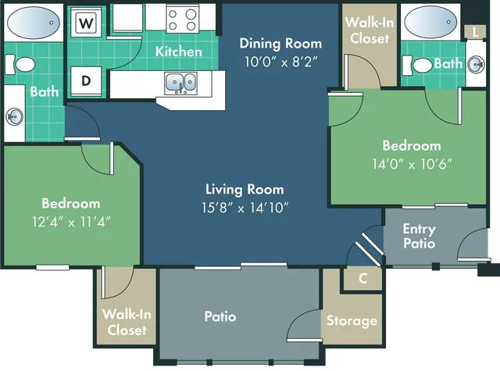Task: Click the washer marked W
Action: coord(86,23)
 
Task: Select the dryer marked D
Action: coord(86,80)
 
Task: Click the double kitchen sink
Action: coord(180,81)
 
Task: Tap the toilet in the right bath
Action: coord(422,65)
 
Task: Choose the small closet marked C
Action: coord(363,278)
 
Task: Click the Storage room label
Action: coord(352,320)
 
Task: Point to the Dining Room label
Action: coord(270,43)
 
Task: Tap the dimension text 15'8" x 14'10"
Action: coord(245,207)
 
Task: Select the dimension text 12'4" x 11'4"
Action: coord(71,221)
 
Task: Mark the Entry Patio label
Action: coord(420,236)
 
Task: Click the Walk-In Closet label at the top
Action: coord(369,30)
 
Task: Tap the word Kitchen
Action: coord(179,52)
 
